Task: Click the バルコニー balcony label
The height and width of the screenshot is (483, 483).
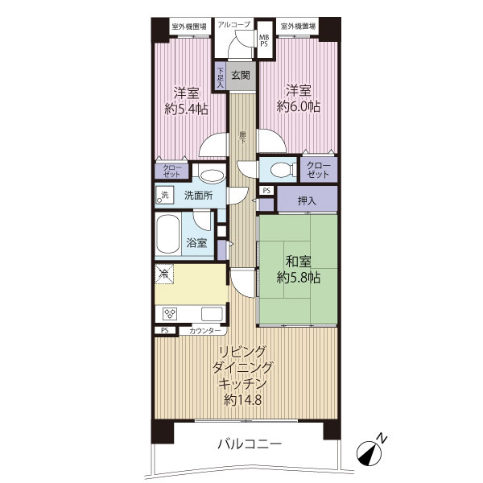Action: [248, 444]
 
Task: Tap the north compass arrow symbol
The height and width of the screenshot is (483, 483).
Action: [372, 451]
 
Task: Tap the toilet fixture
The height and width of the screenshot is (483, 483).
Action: [279, 170]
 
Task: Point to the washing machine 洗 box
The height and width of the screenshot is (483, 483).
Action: [164, 195]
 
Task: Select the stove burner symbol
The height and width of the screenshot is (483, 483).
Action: [170, 313]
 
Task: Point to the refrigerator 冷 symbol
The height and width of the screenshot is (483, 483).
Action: [163, 275]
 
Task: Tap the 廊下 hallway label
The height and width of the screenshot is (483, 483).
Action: [242, 138]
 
